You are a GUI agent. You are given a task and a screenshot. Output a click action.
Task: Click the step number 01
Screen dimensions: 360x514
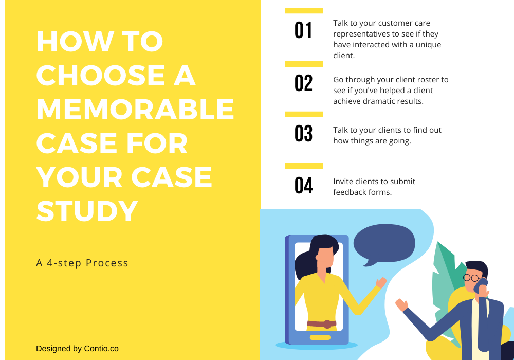click(x=303, y=30)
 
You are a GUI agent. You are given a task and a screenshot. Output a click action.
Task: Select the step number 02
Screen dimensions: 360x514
click(x=303, y=83)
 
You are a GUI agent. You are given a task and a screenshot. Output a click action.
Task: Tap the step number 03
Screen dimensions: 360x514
click(x=303, y=134)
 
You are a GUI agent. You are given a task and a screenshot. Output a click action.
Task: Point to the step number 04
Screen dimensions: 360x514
click(x=303, y=186)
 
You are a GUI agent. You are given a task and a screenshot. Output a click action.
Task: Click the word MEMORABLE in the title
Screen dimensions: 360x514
click(x=135, y=109)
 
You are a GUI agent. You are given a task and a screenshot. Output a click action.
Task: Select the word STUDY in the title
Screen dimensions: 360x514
click(x=87, y=211)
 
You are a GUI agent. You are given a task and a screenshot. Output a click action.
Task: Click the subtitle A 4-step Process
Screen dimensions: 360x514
click(x=82, y=263)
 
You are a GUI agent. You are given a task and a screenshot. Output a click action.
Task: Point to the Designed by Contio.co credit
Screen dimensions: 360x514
click(x=77, y=348)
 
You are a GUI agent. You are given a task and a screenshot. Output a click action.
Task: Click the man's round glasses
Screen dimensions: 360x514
click(x=471, y=278)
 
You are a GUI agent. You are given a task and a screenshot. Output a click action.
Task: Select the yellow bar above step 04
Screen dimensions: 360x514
click(x=304, y=166)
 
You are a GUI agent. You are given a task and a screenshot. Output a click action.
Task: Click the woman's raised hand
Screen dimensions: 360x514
click(x=381, y=282)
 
